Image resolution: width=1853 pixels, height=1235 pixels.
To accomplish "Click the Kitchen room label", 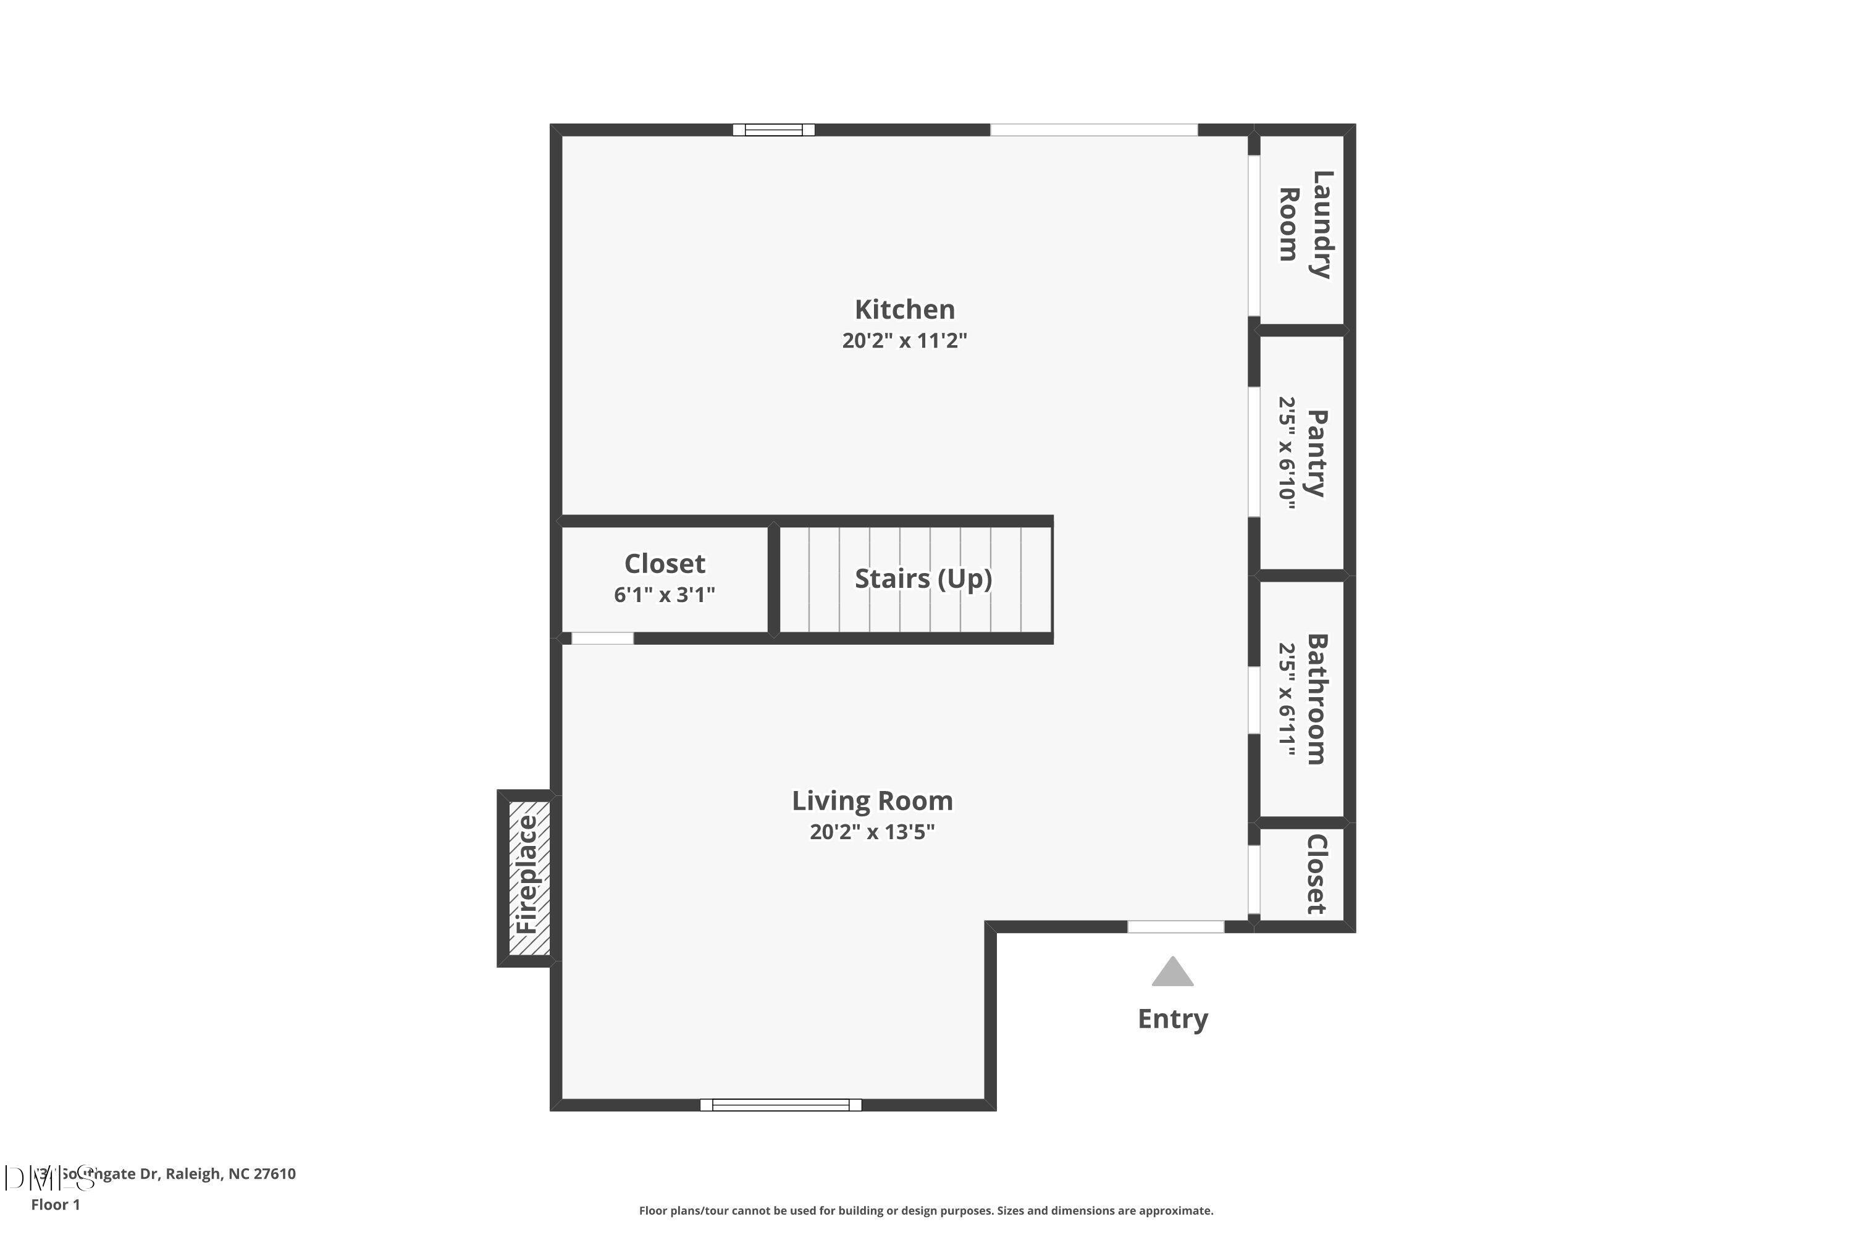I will (904, 309).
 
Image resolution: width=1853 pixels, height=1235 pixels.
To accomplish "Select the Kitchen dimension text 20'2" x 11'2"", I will (904, 340).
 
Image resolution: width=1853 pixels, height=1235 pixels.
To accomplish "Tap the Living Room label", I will (872, 801).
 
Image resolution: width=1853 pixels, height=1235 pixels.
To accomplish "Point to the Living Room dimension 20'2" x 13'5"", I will (872, 832).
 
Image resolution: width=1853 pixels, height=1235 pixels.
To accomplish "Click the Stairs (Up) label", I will (923, 579).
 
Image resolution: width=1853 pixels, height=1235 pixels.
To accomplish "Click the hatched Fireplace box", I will (529, 879).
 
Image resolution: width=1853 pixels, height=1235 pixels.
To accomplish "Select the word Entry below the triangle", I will (1172, 1019).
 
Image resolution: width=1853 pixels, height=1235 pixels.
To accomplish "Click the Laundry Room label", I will (1305, 225).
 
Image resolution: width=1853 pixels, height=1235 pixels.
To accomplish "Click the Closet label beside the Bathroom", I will (1316, 874).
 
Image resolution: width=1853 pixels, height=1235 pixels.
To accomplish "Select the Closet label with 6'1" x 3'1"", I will (664, 564).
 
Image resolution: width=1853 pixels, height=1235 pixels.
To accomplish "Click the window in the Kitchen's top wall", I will (774, 130).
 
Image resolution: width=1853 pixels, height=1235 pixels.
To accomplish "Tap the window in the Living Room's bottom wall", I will (781, 1105).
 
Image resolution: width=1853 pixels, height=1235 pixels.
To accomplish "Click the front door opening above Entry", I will (1175, 927).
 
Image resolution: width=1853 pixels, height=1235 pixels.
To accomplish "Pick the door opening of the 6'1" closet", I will (602, 638).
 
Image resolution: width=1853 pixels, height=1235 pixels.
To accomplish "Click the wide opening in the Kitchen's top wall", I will (1093, 130).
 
